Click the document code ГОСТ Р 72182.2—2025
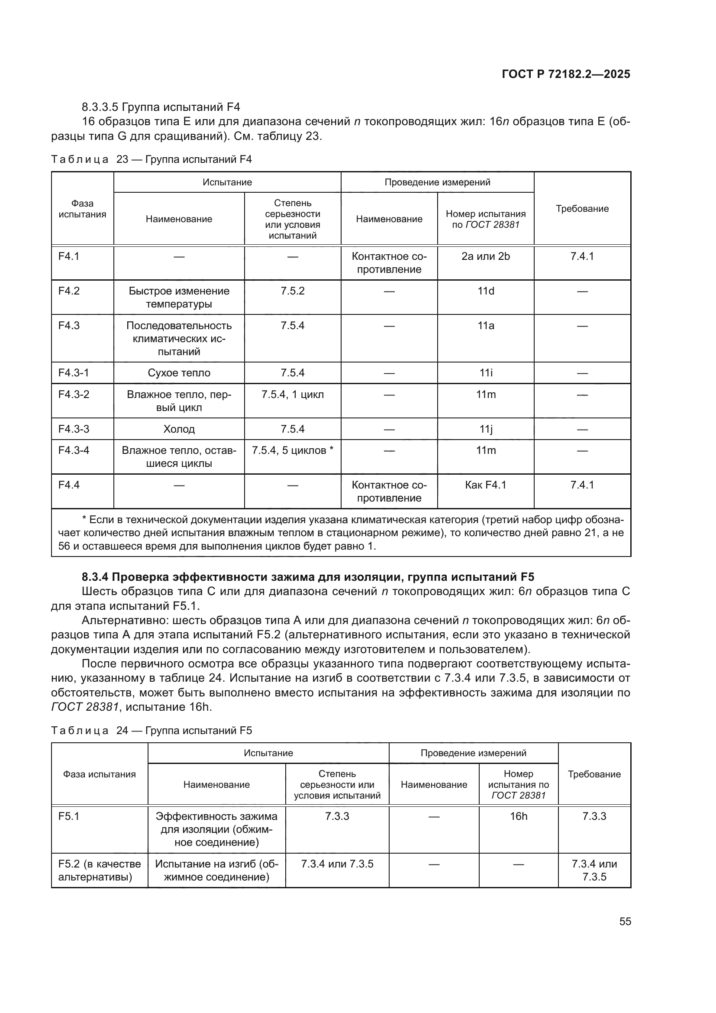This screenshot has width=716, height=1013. (x=566, y=74)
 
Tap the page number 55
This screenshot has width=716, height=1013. (x=625, y=921)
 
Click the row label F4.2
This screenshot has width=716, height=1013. (x=69, y=291)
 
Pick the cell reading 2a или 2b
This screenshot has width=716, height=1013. (x=485, y=256)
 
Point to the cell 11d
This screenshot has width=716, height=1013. (x=485, y=291)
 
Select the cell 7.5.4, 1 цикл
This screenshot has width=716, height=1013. (x=292, y=395)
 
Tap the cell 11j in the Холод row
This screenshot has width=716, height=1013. (x=485, y=429)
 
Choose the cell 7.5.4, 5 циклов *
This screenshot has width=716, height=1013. (x=292, y=450)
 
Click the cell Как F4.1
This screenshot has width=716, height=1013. (x=485, y=485)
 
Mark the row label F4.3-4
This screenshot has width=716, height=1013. (x=74, y=450)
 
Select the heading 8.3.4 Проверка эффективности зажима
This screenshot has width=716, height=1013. (x=308, y=576)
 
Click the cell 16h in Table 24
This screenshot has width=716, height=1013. (x=518, y=816)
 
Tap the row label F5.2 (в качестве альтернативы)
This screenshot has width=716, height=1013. (x=99, y=870)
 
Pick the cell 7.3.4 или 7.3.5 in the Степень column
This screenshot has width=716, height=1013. (x=337, y=864)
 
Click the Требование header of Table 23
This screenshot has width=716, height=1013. (x=581, y=209)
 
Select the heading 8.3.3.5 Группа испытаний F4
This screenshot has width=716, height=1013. (x=161, y=107)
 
